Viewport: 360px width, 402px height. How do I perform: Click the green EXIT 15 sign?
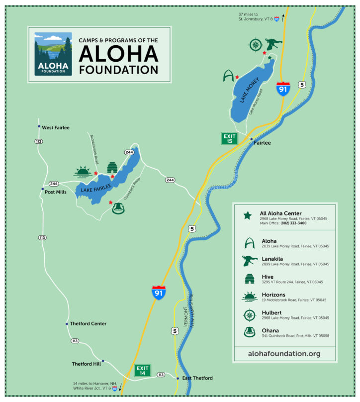(x=229, y=138)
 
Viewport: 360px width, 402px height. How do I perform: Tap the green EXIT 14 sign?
(x=142, y=371)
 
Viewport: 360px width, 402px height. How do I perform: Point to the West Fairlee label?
(x=56, y=128)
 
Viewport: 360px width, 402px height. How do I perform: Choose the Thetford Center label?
(x=89, y=324)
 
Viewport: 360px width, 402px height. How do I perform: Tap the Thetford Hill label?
(x=86, y=364)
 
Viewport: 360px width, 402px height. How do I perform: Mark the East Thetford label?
(x=197, y=378)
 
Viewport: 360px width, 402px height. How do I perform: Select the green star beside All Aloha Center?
(x=247, y=216)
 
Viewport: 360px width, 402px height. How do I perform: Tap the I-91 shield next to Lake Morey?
(x=283, y=89)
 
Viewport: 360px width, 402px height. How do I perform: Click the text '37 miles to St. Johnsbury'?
(x=257, y=17)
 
